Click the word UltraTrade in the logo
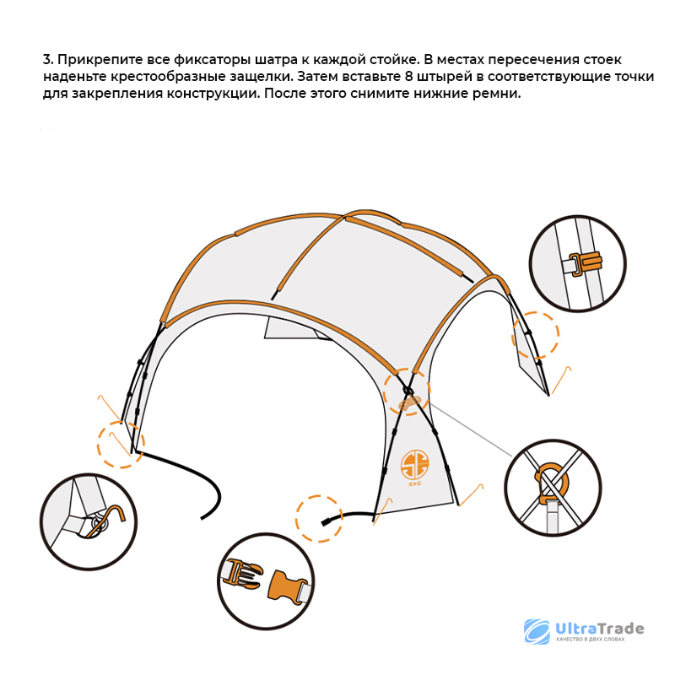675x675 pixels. click(x=600, y=629)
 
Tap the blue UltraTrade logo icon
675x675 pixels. click(x=537, y=631)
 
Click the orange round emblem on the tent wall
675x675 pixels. click(x=414, y=465)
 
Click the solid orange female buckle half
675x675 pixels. click(x=285, y=585)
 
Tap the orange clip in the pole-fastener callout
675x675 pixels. click(x=586, y=262)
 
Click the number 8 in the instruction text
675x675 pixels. click(x=409, y=77)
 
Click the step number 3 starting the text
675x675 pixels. click(x=46, y=59)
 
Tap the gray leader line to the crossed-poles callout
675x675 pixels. click(x=471, y=430)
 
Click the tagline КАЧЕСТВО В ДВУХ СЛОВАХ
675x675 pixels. click(x=590, y=640)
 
